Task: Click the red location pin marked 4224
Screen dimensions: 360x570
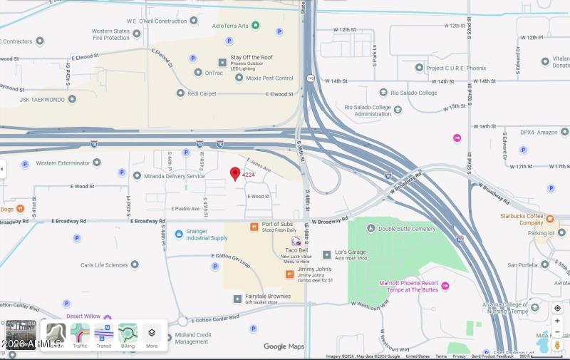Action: click(235, 173)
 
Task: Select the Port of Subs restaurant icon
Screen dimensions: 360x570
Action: click(254, 226)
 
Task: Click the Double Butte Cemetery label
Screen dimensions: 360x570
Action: click(407, 229)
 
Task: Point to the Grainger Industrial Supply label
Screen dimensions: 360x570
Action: click(207, 235)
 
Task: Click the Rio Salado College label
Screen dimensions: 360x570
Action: click(413, 93)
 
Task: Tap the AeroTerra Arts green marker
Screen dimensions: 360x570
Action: click(256, 26)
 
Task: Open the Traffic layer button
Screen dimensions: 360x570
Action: click(80, 335)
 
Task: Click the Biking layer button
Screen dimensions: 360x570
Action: click(128, 335)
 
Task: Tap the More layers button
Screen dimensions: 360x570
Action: click(152, 335)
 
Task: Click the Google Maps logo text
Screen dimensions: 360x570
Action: click(284, 346)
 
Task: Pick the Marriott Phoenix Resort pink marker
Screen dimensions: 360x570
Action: click(445, 286)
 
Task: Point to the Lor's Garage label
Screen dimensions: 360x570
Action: click(351, 253)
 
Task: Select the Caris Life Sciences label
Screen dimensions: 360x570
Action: click(104, 264)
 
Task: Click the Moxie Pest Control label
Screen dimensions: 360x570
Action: click(269, 78)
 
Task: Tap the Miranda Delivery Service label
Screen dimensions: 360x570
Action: click(174, 176)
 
